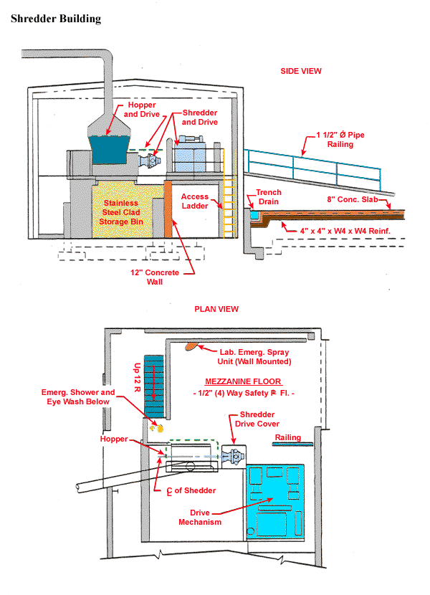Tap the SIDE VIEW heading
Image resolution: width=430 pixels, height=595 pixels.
(x=301, y=71)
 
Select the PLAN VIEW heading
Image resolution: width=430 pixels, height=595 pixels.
(x=216, y=309)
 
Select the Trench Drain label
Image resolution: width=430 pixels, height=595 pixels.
(x=269, y=197)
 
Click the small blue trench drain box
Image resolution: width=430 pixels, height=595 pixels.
(x=253, y=214)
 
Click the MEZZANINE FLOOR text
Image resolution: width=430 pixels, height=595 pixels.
(x=243, y=381)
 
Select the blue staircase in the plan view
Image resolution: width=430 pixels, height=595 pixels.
(x=155, y=388)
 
